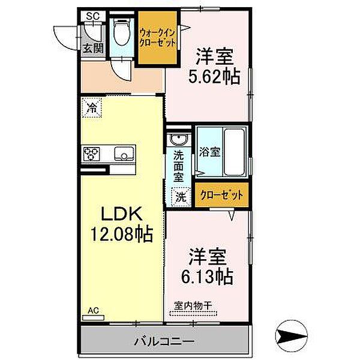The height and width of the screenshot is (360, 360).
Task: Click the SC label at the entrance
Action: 92,16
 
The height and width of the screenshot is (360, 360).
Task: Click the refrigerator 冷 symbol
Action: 92,109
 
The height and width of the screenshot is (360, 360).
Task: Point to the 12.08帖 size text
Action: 122,233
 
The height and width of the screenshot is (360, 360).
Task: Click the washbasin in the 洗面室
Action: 178,140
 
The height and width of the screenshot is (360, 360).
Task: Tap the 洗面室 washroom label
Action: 179,166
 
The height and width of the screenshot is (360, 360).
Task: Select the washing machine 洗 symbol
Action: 180,195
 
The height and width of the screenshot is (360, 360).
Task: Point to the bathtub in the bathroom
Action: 235,151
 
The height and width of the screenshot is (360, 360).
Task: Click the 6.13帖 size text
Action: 207,277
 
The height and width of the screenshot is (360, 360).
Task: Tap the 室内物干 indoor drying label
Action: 193,306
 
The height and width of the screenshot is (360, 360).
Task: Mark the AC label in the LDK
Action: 93,310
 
